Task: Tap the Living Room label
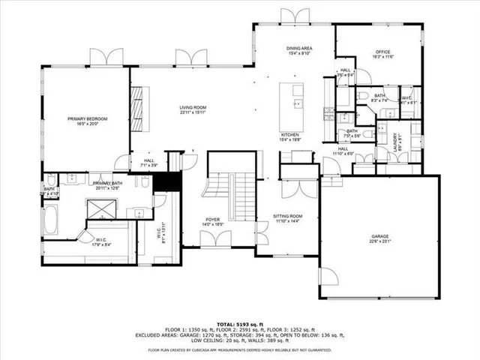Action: pos(192,108)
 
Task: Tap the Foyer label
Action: pos(212,219)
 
